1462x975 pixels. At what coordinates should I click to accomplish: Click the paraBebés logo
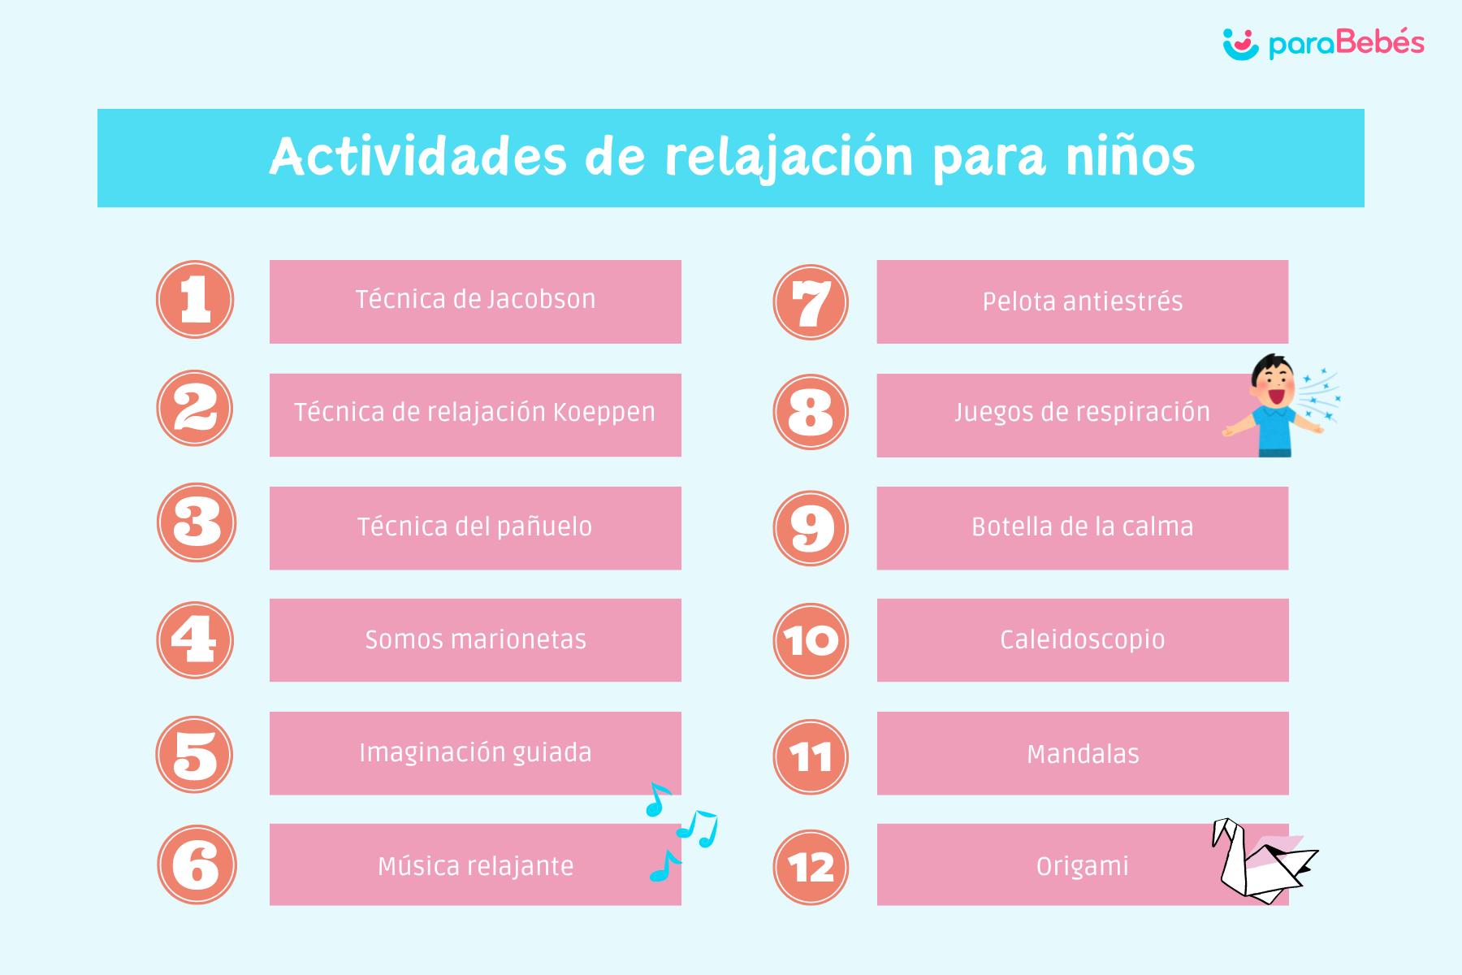pos(1323,45)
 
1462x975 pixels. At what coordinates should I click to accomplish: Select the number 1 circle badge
pos(195,299)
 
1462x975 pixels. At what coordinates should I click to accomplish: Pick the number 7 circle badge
pos(811,302)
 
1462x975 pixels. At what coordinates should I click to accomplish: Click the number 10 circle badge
pos(811,640)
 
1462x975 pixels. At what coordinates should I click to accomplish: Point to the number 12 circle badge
pos(811,866)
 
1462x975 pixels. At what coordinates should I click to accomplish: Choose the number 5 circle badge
pos(195,755)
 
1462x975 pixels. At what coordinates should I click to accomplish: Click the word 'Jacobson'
pos(542,299)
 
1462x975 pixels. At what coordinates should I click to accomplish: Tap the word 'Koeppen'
pos(604,413)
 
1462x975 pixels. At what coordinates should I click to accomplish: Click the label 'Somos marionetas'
pos(476,640)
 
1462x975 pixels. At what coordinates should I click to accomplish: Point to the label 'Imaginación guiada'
pos(476,753)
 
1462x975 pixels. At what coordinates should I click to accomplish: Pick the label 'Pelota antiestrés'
pos(1083,301)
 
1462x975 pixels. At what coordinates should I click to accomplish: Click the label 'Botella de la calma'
pos(1083,526)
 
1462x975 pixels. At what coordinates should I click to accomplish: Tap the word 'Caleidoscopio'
pos(1083,640)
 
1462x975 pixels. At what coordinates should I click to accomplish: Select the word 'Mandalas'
pos(1083,754)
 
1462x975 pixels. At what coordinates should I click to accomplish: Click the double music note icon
pos(698,829)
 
